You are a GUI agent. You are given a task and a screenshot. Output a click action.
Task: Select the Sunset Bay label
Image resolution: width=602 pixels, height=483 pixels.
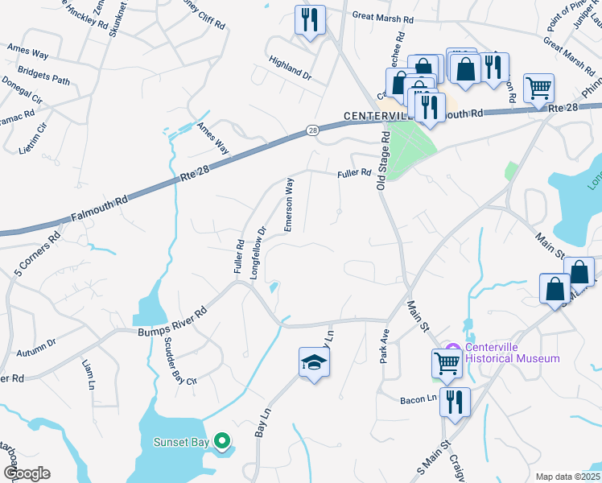coord(182,442)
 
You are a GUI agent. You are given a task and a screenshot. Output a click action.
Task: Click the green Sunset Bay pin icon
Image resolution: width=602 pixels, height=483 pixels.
coord(223,441)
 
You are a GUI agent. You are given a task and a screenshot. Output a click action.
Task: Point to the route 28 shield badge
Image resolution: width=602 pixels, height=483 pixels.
coord(313,130)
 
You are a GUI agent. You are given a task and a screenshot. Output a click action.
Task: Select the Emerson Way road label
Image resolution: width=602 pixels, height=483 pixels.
coord(287,206)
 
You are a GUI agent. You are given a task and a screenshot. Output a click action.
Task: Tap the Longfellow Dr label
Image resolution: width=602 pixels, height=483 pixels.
coord(258,253)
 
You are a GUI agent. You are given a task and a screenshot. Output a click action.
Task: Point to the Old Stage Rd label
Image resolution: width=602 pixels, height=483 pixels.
coord(382,161)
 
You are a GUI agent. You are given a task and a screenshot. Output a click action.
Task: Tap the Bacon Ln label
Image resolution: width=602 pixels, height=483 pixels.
coord(417,398)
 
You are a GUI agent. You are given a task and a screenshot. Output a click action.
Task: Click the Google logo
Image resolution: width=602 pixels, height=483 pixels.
coord(27,473)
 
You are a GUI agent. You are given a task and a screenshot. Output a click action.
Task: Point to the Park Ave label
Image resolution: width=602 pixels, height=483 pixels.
coord(385,345)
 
